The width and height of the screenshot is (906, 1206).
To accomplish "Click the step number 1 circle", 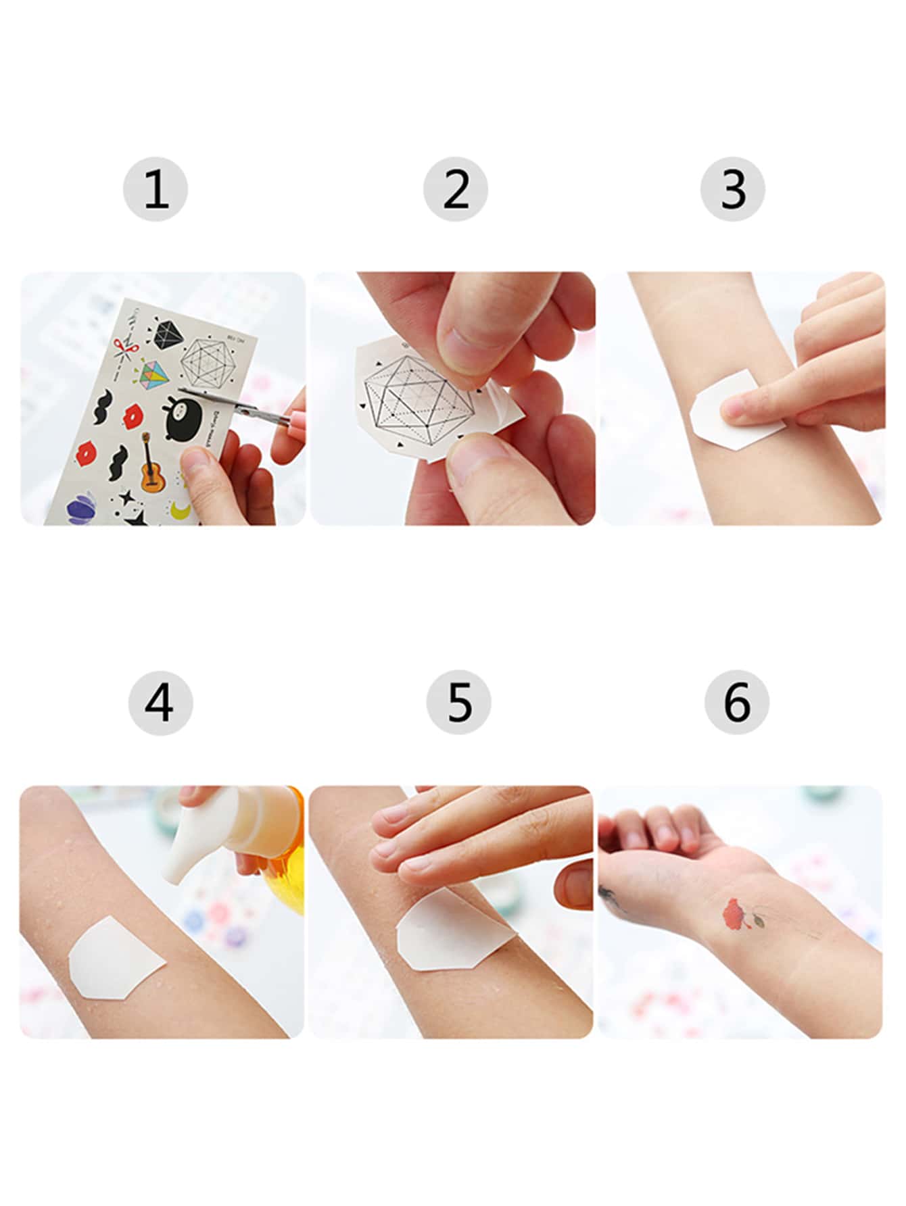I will [x=156, y=189].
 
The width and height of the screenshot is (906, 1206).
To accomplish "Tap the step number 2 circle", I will [x=456, y=189].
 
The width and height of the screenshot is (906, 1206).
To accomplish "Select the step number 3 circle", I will [x=733, y=189].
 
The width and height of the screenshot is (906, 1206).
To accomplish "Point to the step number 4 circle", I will [x=160, y=703].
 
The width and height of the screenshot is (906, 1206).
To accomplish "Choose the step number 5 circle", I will [x=458, y=703].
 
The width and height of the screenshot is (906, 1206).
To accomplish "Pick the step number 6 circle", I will [x=736, y=703].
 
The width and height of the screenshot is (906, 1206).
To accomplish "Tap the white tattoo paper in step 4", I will [x=115, y=956].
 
